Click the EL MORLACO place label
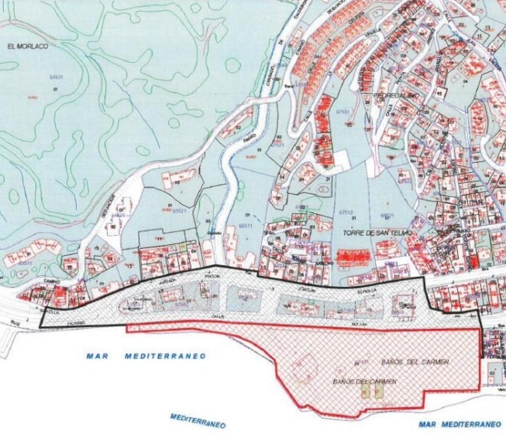click(x=28, y=46)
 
